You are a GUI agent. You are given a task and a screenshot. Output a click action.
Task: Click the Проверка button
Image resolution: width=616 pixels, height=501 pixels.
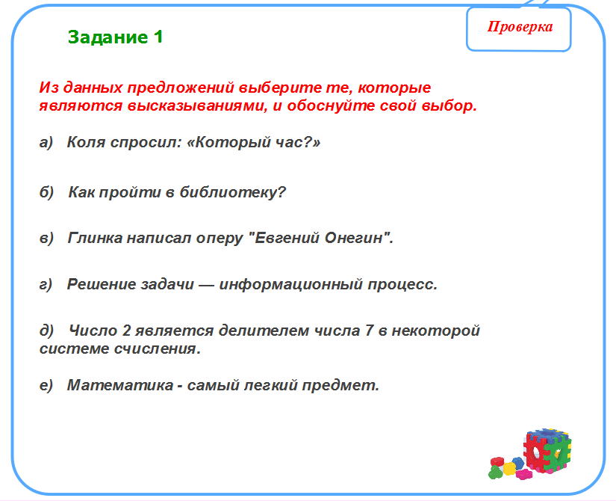[x=519, y=29]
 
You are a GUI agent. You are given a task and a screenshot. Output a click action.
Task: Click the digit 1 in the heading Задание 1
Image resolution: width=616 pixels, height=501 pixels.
[x=158, y=37]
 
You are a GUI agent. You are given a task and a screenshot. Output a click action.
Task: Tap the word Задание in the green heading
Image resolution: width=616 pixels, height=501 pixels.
[x=108, y=37]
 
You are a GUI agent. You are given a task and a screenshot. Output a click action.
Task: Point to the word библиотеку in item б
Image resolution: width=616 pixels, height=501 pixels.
[x=232, y=192]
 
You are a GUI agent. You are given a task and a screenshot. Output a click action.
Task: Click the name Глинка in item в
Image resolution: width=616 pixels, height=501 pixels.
[x=95, y=238]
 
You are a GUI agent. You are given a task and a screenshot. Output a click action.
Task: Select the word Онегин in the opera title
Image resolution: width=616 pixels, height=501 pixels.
[x=358, y=238]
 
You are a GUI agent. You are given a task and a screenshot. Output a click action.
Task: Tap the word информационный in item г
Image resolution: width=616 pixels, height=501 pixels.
[x=290, y=285]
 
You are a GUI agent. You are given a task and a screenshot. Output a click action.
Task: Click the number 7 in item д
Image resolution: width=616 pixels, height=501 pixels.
[x=369, y=331]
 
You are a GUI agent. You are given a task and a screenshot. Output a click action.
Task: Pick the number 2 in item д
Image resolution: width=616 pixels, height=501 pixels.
[x=126, y=331]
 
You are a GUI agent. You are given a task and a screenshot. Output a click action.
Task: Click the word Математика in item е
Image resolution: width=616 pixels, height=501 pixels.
[x=120, y=385]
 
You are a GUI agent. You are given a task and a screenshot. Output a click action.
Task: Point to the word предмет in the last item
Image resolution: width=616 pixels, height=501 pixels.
[x=340, y=385]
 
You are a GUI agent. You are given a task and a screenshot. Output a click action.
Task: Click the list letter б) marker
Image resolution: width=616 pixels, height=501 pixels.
[x=46, y=192]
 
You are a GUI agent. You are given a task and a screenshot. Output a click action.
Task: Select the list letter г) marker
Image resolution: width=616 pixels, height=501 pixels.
[x=46, y=285]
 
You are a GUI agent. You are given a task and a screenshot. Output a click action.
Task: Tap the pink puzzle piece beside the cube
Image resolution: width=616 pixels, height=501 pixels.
[x=523, y=474]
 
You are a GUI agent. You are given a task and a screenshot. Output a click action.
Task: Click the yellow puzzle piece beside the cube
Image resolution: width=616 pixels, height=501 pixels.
[x=509, y=468]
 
